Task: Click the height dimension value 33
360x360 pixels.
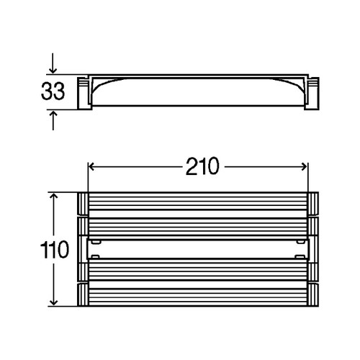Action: [53, 91]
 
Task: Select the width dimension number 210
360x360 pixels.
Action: [202, 166]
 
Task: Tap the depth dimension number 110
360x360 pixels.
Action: [55, 250]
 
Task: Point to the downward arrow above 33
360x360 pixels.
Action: [53, 63]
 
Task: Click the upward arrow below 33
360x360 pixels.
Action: [53, 120]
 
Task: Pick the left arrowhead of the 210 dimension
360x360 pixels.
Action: [91, 166]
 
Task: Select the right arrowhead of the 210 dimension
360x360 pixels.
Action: [305, 166]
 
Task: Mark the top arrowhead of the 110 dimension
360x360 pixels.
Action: [54, 196]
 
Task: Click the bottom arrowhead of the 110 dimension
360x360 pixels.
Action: [54, 302]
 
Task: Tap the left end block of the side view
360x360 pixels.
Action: [84, 94]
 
